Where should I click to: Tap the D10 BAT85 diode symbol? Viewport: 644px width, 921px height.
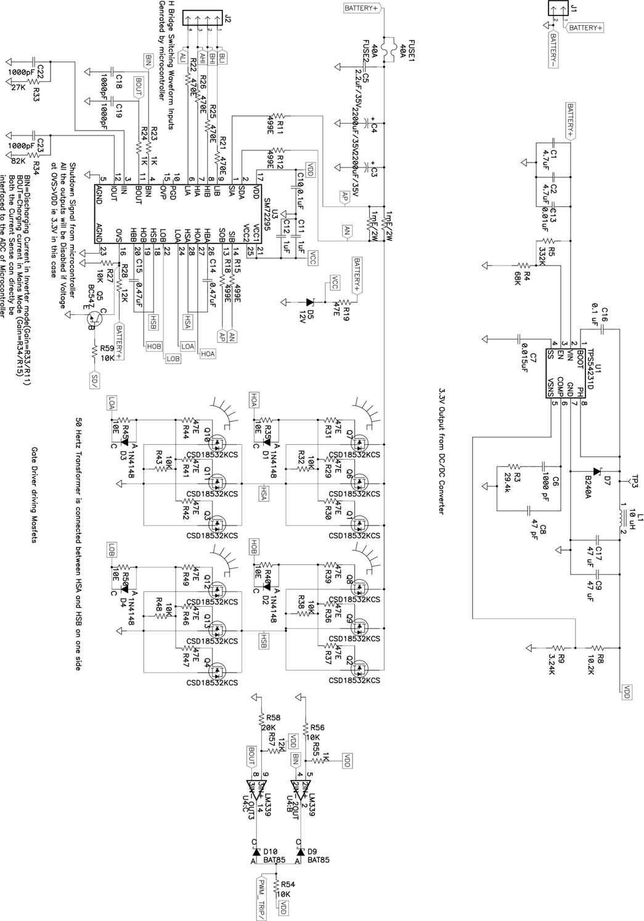click(255, 852)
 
